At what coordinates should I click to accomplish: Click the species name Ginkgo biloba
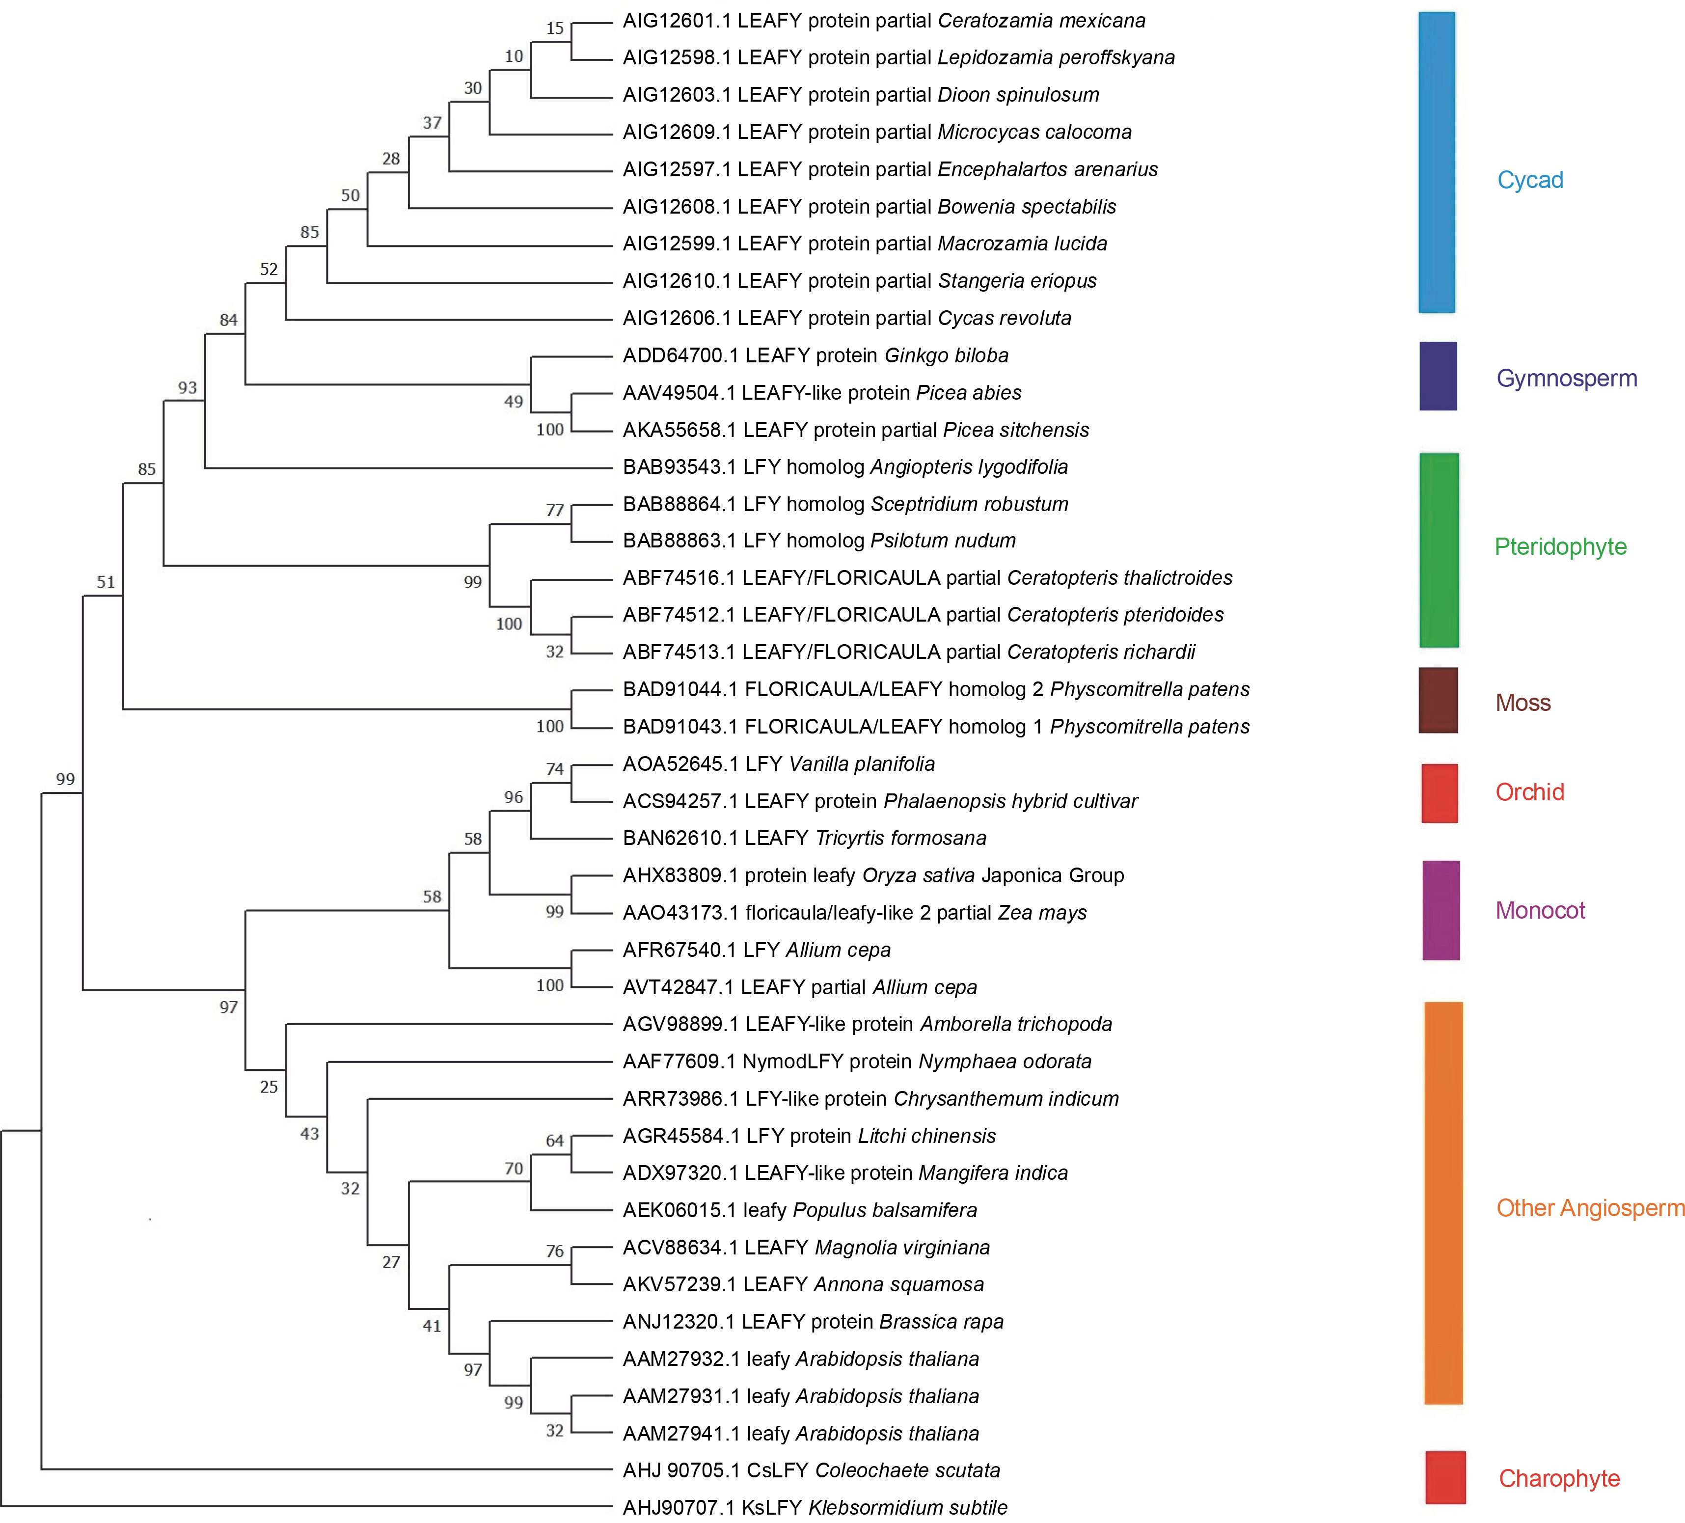point(946,356)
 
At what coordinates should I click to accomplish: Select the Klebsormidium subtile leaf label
point(815,1507)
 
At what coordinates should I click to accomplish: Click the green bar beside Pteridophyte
point(1439,550)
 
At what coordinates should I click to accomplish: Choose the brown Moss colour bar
point(1438,701)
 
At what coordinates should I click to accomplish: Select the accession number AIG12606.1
point(676,319)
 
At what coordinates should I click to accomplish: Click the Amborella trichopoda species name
point(1015,1025)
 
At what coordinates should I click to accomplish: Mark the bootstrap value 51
point(105,582)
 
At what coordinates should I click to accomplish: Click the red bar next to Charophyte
point(1445,1477)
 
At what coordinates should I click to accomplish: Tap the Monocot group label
point(1540,910)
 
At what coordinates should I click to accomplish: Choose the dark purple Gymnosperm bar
point(1438,376)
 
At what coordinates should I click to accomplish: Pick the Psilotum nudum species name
point(943,541)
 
